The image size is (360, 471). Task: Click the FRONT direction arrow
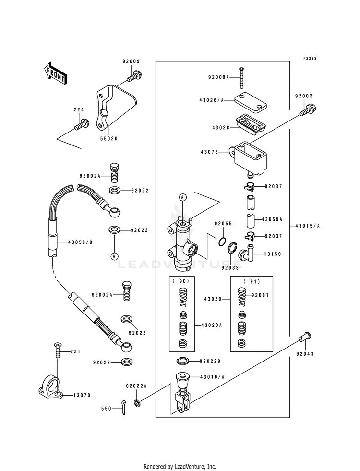point(56,73)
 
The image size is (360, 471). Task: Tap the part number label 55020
point(108,138)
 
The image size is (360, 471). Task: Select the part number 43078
point(209,152)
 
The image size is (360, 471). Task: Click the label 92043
point(305,354)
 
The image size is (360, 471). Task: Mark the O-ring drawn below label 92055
point(223,241)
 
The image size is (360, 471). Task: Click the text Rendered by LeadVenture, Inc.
point(180,466)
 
